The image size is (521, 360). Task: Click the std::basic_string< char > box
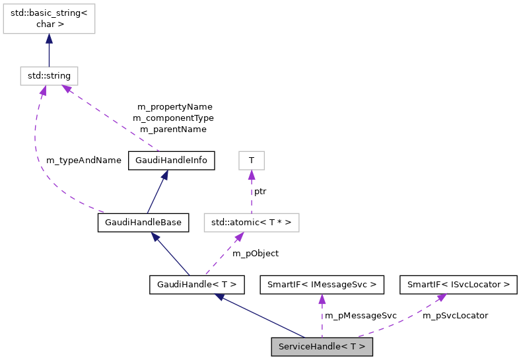click(49, 17)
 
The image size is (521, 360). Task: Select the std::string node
click(49, 76)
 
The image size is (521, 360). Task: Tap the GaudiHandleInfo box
click(171, 161)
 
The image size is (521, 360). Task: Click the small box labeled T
click(251, 161)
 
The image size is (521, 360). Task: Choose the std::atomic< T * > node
click(252, 223)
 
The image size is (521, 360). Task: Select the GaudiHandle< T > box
click(197, 285)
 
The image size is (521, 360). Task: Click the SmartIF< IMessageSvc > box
click(322, 285)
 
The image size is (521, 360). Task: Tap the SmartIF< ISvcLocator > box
click(458, 285)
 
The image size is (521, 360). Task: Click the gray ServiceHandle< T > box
click(322, 347)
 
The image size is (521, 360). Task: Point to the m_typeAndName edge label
click(84, 160)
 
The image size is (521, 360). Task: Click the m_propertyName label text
click(174, 106)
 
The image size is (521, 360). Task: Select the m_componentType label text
click(173, 118)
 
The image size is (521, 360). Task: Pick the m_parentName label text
click(173, 129)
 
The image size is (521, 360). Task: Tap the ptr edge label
click(260, 191)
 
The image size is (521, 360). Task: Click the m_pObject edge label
click(256, 253)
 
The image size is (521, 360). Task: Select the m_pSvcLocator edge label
click(455, 315)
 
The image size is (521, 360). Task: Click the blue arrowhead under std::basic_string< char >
click(49, 39)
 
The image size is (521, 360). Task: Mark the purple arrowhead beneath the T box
click(251, 175)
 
